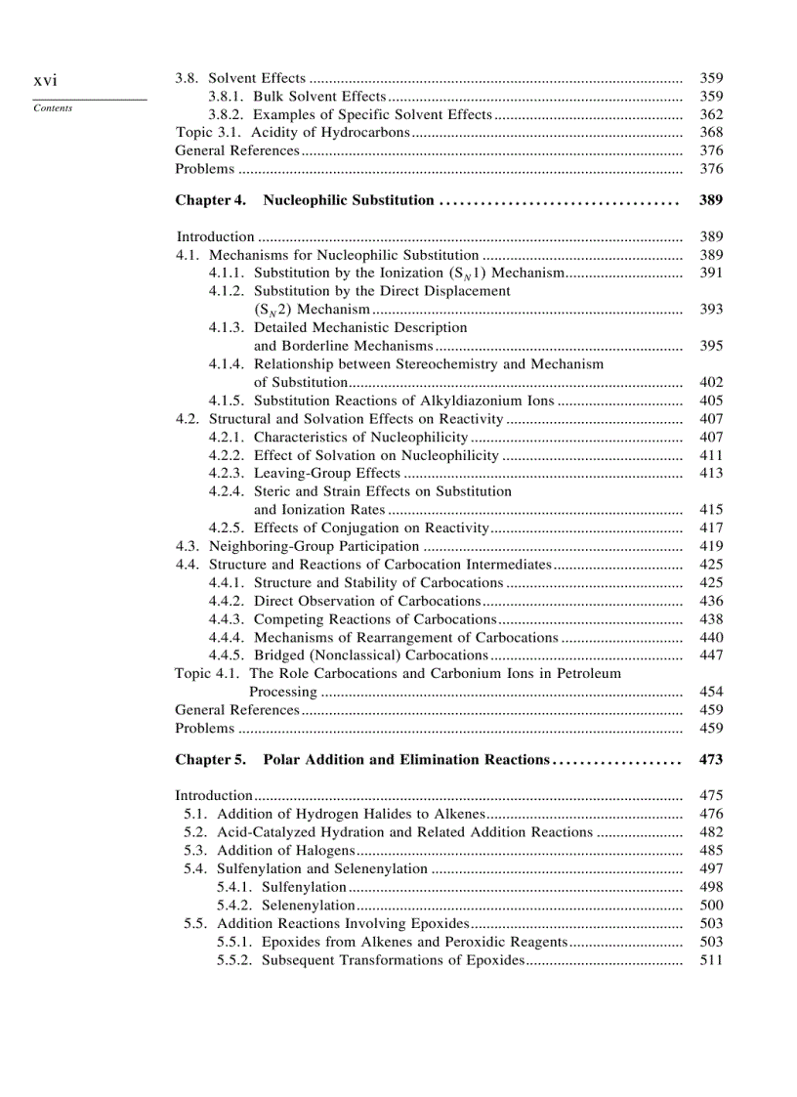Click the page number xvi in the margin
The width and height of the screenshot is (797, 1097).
(45, 79)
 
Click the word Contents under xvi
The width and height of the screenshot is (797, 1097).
(52, 108)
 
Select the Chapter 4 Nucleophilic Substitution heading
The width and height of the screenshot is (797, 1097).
(304, 200)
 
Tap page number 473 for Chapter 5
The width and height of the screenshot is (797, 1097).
(711, 759)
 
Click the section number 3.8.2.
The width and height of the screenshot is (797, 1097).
(228, 114)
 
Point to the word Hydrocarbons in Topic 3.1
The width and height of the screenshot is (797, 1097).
(362, 132)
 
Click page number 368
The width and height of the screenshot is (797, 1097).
(711, 132)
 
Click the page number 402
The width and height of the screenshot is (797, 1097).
(711, 382)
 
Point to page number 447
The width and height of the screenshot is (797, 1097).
(711, 655)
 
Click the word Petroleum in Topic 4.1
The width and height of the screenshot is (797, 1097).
(590, 673)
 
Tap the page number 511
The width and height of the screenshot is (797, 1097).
(711, 960)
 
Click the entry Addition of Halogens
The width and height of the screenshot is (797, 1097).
(285, 851)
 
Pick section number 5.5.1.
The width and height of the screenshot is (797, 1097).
(234, 942)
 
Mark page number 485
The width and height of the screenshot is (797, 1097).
(711, 851)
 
